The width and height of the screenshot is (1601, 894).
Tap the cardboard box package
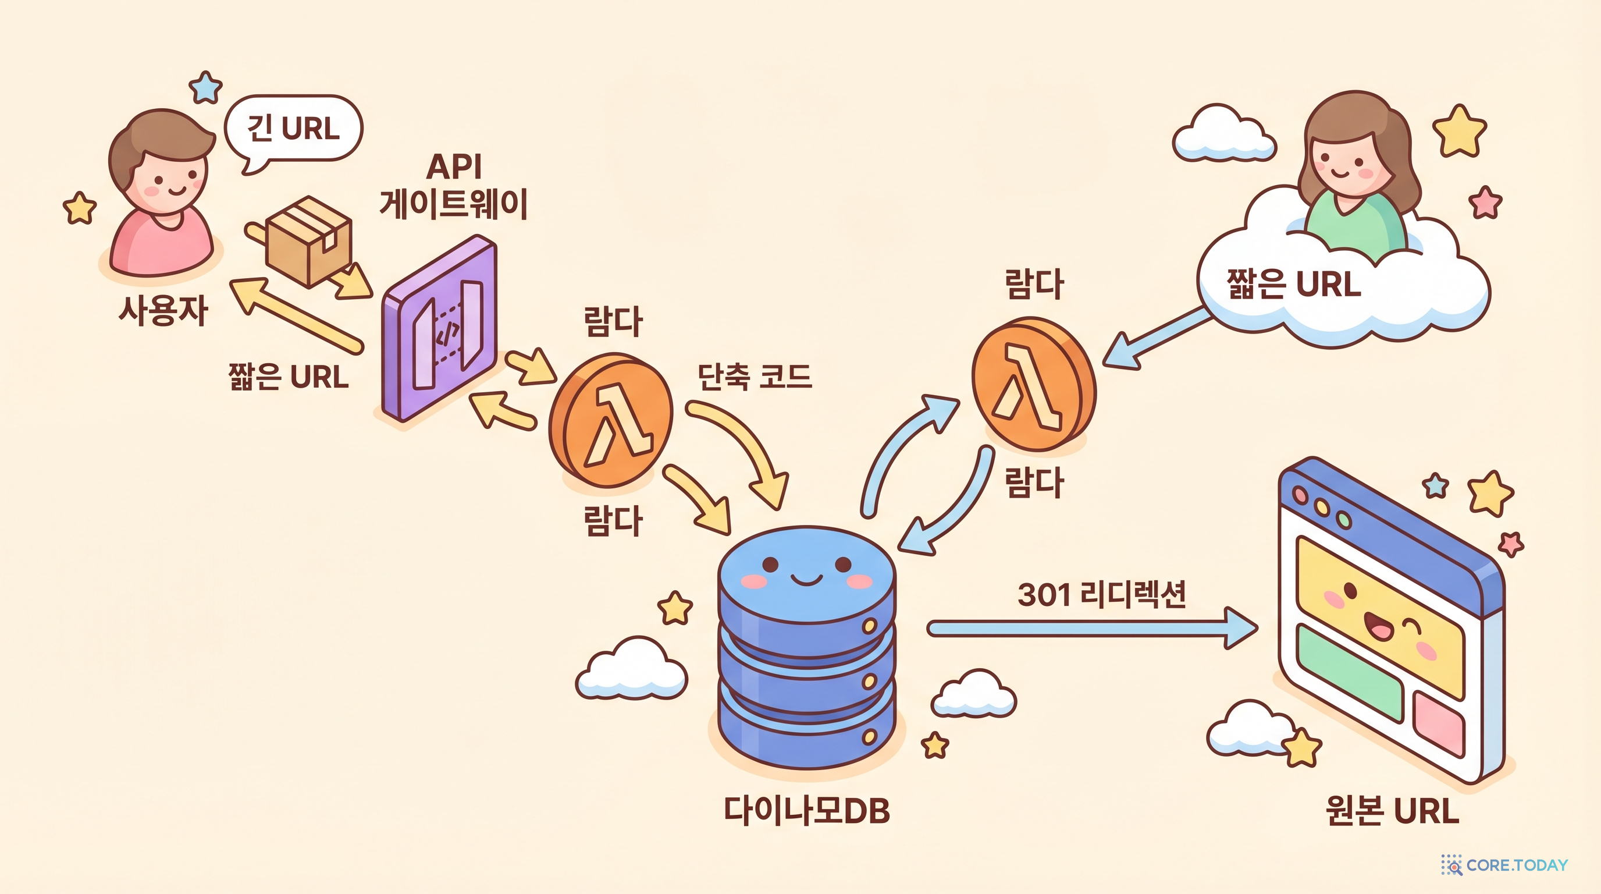(x=308, y=241)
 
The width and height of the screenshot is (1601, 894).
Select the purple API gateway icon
(x=439, y=328)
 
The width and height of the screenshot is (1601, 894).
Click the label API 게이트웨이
(x=454, y=186)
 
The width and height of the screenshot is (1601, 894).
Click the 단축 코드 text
(x=755, y=376)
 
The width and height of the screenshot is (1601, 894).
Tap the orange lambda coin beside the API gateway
(x=610, y=420)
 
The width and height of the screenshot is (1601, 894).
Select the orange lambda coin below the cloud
(x=1034, y=384)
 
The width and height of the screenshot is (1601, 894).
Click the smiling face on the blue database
(x=807, y=573)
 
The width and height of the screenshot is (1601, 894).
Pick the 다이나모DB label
(x=807, y=811)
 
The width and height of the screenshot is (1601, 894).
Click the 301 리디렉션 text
(x=1101, y=594)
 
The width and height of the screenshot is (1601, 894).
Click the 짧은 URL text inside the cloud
(x=1293, y=284)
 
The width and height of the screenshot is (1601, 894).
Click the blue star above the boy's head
(x=206, y=88)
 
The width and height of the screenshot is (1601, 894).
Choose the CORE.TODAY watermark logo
(x=1504, y=865)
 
